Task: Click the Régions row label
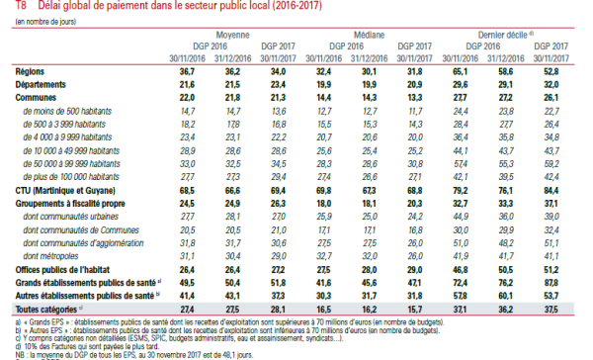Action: tap(33, 73)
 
